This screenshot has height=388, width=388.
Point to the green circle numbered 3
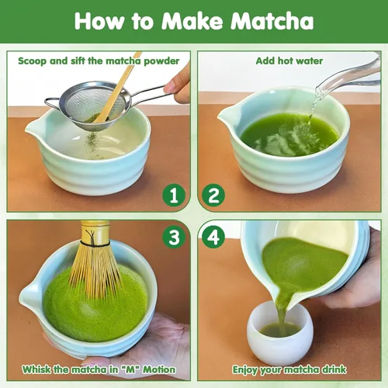pyautogui.click(x=176, y=236)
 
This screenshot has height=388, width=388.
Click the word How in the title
pyautogui.click(x=99, y=21)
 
